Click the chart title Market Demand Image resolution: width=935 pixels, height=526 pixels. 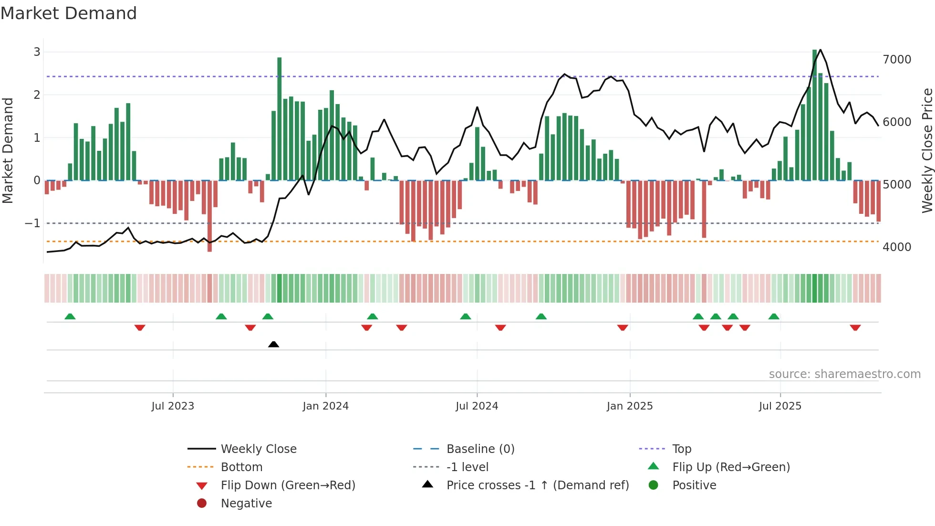[x=69, y=13]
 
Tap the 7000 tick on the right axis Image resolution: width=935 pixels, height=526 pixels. [x=897, y=60]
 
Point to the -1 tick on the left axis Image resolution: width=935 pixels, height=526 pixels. [x=32, y=223]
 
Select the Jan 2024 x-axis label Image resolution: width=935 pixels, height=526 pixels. [x=325, y=406]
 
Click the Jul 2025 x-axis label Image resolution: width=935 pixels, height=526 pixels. [x=780, y=406]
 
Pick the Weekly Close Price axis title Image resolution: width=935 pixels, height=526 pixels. [x=927, y=150]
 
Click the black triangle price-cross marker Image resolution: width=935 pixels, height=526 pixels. [x=273, y=344]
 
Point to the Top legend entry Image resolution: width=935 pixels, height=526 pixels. [x=682, y=449]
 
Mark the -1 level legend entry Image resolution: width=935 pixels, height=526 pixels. [x=467, y=467]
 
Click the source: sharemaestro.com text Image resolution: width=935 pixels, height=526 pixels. [x=844, y=374]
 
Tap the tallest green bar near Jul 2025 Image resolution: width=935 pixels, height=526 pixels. [x=815, y=115]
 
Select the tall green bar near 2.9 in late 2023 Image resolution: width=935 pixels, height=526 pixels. [x=280, y=119]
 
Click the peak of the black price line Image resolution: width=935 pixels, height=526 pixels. [x=820, y=50]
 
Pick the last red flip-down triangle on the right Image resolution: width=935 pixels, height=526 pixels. [x=855, y=327]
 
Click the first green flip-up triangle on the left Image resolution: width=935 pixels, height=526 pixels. [x=70, y=316]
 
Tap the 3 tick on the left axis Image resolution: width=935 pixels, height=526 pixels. [x=37, y=52]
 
